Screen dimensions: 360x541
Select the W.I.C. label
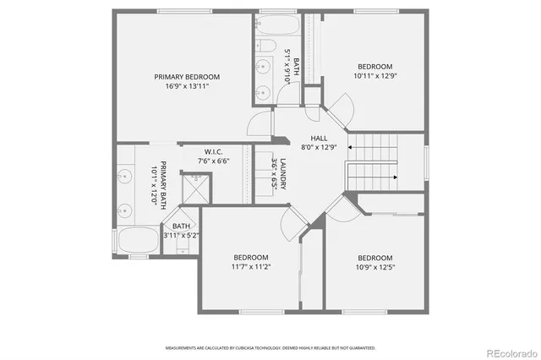tap(212, 152)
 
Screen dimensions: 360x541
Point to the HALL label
tap(319, 138)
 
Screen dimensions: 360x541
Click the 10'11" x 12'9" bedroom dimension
tap(374, 76)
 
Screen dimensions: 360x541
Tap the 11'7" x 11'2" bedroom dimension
tap(251, 267)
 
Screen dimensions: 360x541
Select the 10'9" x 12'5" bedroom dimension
tap(374, 267)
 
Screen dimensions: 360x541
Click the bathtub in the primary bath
tap(137, 239)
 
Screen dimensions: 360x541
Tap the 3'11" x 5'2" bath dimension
tap(181, 236)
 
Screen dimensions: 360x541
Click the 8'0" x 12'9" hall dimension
tap(319, 147)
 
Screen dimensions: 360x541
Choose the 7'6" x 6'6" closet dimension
tap(212, 161)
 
